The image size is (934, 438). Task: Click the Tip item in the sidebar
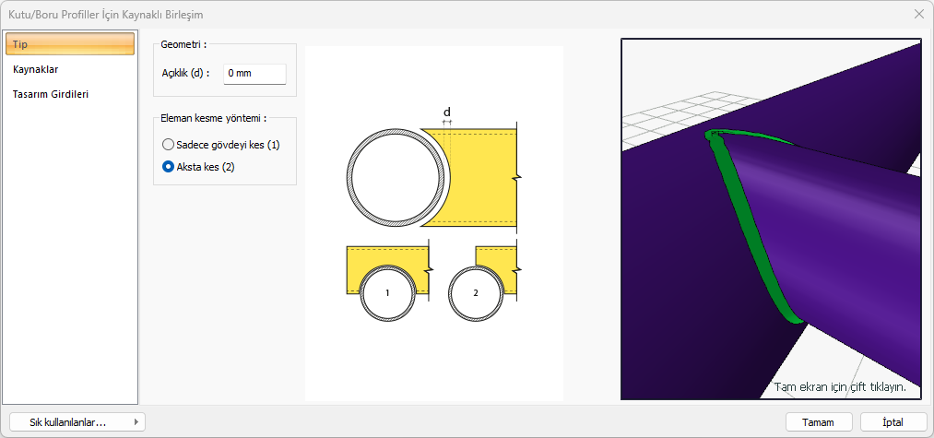tap(70, 44)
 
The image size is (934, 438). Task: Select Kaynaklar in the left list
tap(35, 69)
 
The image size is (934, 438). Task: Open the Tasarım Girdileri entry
tap(51, 94)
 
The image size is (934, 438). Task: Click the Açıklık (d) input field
tap(254, 74)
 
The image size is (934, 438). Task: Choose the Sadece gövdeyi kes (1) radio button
tap(168, 145)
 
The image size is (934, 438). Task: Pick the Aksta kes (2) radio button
tap(168, 168)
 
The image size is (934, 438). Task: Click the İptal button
tap(893, 422)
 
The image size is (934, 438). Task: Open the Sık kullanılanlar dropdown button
tap(77, 422)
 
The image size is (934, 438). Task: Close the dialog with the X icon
tap(918, 15)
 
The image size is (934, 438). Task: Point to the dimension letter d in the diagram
tap(447, 112)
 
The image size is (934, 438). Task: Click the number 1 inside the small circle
tap(387, 293)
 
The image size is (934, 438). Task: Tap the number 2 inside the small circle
tap(476, 293)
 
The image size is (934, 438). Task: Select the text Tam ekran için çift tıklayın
tap(840, 386)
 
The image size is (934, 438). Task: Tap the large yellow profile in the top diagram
tap(482, 178)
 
